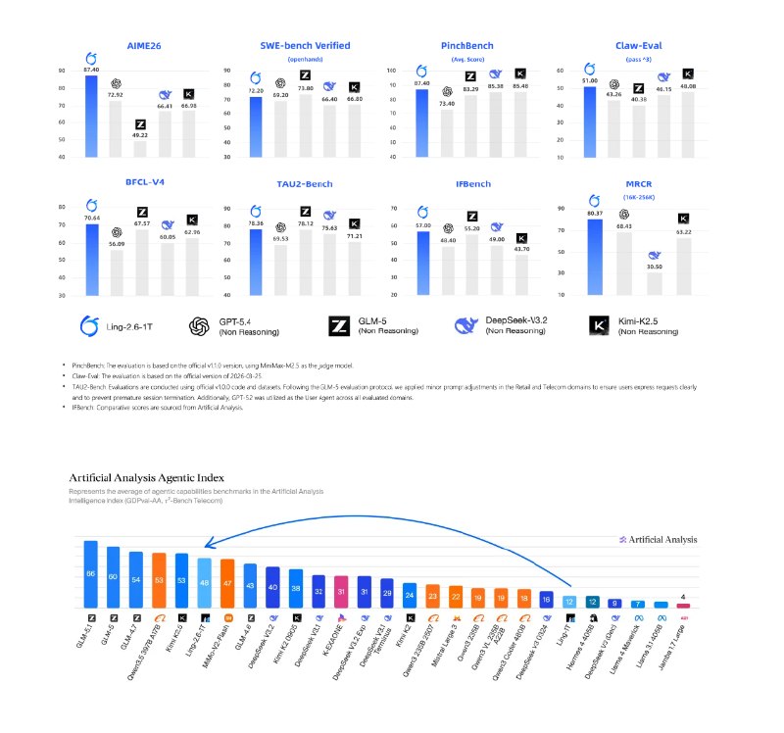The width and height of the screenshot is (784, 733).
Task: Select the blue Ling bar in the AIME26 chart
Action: pyautogui.click(x=91, y=117)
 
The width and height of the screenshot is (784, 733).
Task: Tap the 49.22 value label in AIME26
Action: pyautogui.click(x=139, y=136)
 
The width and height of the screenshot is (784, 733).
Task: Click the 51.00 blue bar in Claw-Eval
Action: pyautogui.click(x=589, y=122)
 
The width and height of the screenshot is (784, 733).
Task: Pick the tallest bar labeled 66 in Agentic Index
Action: pyautogui.click(x=91, y=573)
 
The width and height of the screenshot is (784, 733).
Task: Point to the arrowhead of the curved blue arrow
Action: pyautogui.click(x=200, y=552)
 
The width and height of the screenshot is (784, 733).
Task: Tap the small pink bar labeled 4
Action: pyautogui.click(x=683, y=606)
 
